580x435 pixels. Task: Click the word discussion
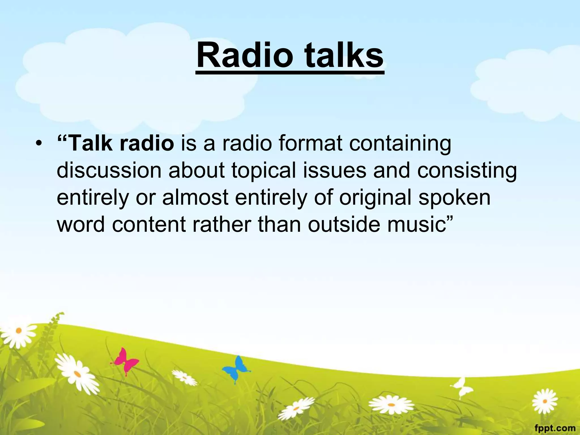[109, 170]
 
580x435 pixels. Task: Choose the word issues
[334, 170]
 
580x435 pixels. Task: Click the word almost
[195, 197]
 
